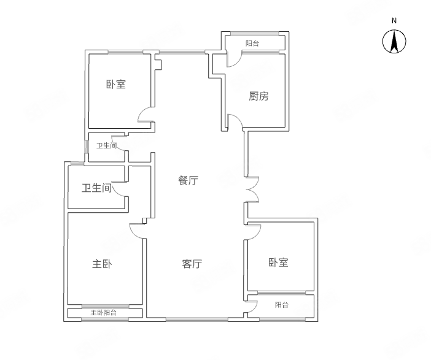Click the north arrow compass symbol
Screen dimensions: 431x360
pyautogui.click(x=394, y=42)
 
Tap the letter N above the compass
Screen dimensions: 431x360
pyautogui.click(x=394, y=21)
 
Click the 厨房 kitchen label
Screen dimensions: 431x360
pyautogui.click(x=258, y=96)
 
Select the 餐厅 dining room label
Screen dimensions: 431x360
pyautogui.click(x=188, y=180)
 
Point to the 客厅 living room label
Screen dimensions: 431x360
pyautogui.click(x=192, y=264)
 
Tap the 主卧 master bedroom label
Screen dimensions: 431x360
pyautogui.click(x=102, y=264)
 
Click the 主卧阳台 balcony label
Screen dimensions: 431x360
pyautogui.click(x=104, y=313)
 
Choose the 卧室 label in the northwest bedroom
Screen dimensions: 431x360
pyautogui.click(x=115, y=84)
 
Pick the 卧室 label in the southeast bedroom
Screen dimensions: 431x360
pyautogui.click(x=278, y=262)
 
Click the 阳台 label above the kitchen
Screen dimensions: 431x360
pyautogui.click(x=252, y=44)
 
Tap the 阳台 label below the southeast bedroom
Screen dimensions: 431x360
pyautogui.click(x=281, y=305)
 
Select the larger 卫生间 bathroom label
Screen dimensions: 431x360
pyautogui.click(x=97, y=188)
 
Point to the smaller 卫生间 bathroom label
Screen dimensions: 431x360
pyautogui.click(x=106, y=145)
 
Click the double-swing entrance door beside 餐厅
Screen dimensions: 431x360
pyautogui.click(x=252, y=190)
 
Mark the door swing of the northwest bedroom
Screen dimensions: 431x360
pyautogui.click(x=145, y=115)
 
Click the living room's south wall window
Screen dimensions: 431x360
pyautogui.click(x=197, y=319)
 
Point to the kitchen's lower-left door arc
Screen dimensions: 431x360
pyautogui.click(x=235, y=121)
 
